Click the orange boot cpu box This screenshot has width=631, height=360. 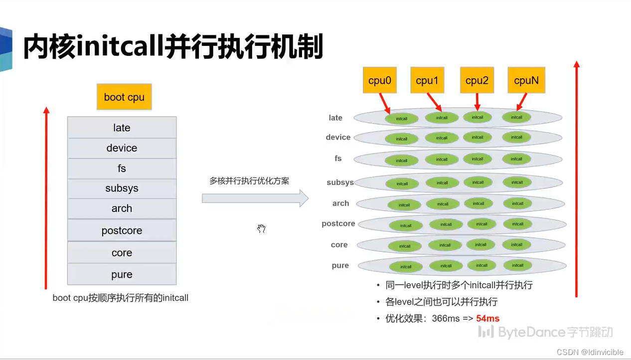pyautogui.click(x=124, y=97)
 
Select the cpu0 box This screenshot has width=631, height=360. pyautogui.click(x=380, y=80)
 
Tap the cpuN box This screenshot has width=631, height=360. pyautogui.click(x=526, y=80)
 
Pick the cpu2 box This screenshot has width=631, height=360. pyautogui.click(x=477, y=80)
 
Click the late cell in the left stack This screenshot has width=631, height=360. pyautogui.click(x=122, y=128)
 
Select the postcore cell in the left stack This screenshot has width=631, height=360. pyautogui.click(x=122, y=230)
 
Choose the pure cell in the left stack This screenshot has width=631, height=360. pyautogui.click(x=122, y=274)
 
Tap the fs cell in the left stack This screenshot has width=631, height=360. pyautogui.click(x=122, y=169)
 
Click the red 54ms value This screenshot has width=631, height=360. pyautogui.click(x=487, y=318)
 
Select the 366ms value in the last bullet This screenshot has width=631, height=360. pyautogui.click(x=446, y=318)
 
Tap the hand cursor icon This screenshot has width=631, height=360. pyautogui.click(x=262, y=229)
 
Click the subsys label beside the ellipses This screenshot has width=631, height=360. pyautogui.click(x=340, y=182)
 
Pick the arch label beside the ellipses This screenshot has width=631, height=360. pyautogui.click(x=340, y=203)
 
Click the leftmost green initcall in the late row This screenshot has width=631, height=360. pyautogui.click(x=401, y=119)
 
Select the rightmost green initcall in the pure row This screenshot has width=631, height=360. pyautogui.click(x=517, y=265)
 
